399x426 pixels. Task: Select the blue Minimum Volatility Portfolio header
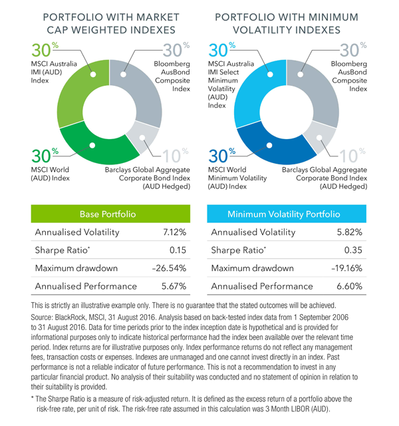pyautogui.click(x=285, y=214)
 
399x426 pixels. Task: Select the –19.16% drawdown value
pyautogui.click(x=346, y=269)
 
